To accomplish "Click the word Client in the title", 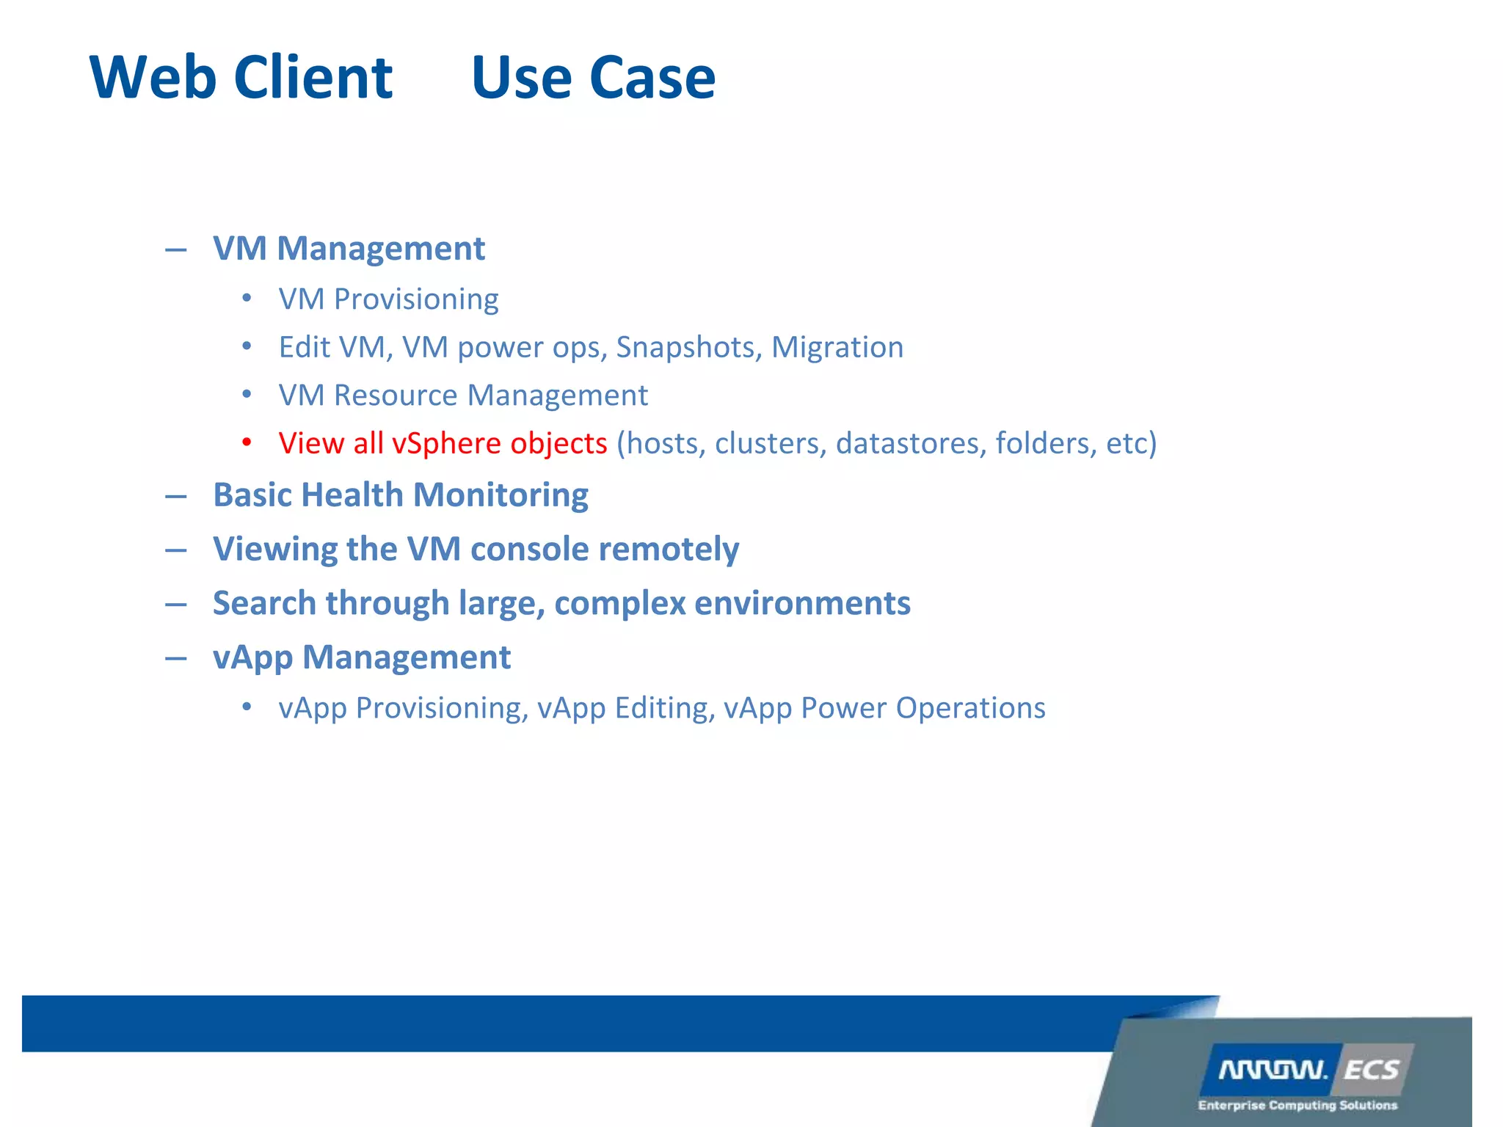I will coord(313,78).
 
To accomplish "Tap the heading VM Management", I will coord(349,248).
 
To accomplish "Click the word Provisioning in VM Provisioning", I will coord(416,299).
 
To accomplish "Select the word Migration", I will coord(837,347).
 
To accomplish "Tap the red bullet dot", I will coord(247,442).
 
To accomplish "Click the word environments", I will coord(802,603).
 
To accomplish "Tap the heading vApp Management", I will coord(361,657).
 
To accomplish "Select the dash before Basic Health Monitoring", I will coord(175,497).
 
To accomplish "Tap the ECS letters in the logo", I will coord(1371,1071).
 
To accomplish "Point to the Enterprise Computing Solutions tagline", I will coord(1297,1105).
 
